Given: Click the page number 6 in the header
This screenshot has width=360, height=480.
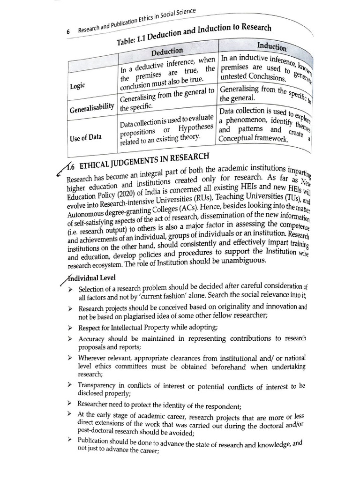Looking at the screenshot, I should [68, 32].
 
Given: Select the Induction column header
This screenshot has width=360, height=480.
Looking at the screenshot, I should [272, 46].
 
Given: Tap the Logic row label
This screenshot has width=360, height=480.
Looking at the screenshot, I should [77, 86].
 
